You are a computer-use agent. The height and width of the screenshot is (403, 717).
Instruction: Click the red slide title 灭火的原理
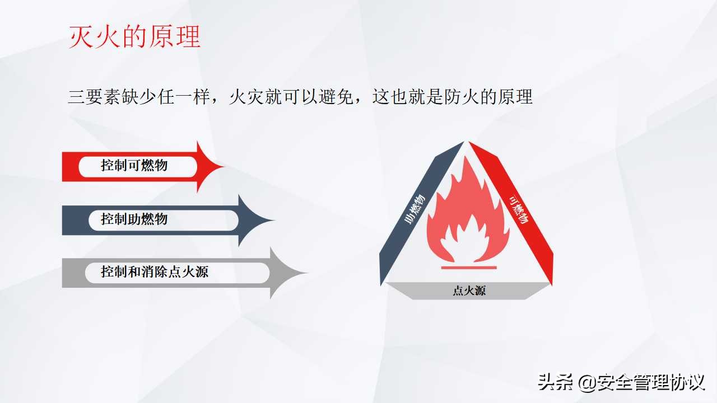coord(134,37)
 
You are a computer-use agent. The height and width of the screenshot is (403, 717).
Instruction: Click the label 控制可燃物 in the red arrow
coord(134,166)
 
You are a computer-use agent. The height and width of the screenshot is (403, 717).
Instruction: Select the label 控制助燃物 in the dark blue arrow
coord(134,219)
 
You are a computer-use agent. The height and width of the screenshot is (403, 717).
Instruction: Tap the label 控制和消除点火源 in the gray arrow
coord(155,273)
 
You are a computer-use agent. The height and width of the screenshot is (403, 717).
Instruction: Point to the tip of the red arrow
coord(223,166)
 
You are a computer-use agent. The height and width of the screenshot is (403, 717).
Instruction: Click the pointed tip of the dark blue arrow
coord(274,220)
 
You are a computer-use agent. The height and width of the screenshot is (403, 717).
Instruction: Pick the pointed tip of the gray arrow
coord(307,273)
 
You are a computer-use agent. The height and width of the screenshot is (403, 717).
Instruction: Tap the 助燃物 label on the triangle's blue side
coord(414,211)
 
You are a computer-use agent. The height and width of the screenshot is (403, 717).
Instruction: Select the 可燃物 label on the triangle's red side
coord(519,209)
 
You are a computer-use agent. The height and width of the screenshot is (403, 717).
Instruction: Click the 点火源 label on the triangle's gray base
coord(469,291)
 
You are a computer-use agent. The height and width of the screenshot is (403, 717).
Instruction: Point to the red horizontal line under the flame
coord(469,268)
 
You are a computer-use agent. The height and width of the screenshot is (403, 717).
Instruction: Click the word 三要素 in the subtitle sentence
coord(92,97)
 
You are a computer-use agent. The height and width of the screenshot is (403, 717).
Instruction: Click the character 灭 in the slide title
coord(80,37)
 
